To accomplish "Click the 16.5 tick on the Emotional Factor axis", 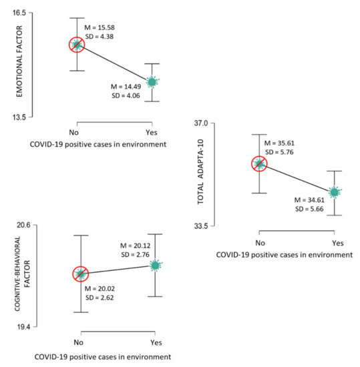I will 18,13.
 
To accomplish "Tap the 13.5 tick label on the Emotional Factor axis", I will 18,117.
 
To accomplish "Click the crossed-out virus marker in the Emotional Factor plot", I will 77,45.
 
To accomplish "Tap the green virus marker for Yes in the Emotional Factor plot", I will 152,81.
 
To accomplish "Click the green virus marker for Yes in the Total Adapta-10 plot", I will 335,192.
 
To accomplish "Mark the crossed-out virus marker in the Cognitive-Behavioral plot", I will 81,274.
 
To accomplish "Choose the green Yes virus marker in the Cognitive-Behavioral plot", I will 156,266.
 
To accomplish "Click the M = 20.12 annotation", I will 137,246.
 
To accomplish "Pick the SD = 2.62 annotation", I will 100,298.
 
